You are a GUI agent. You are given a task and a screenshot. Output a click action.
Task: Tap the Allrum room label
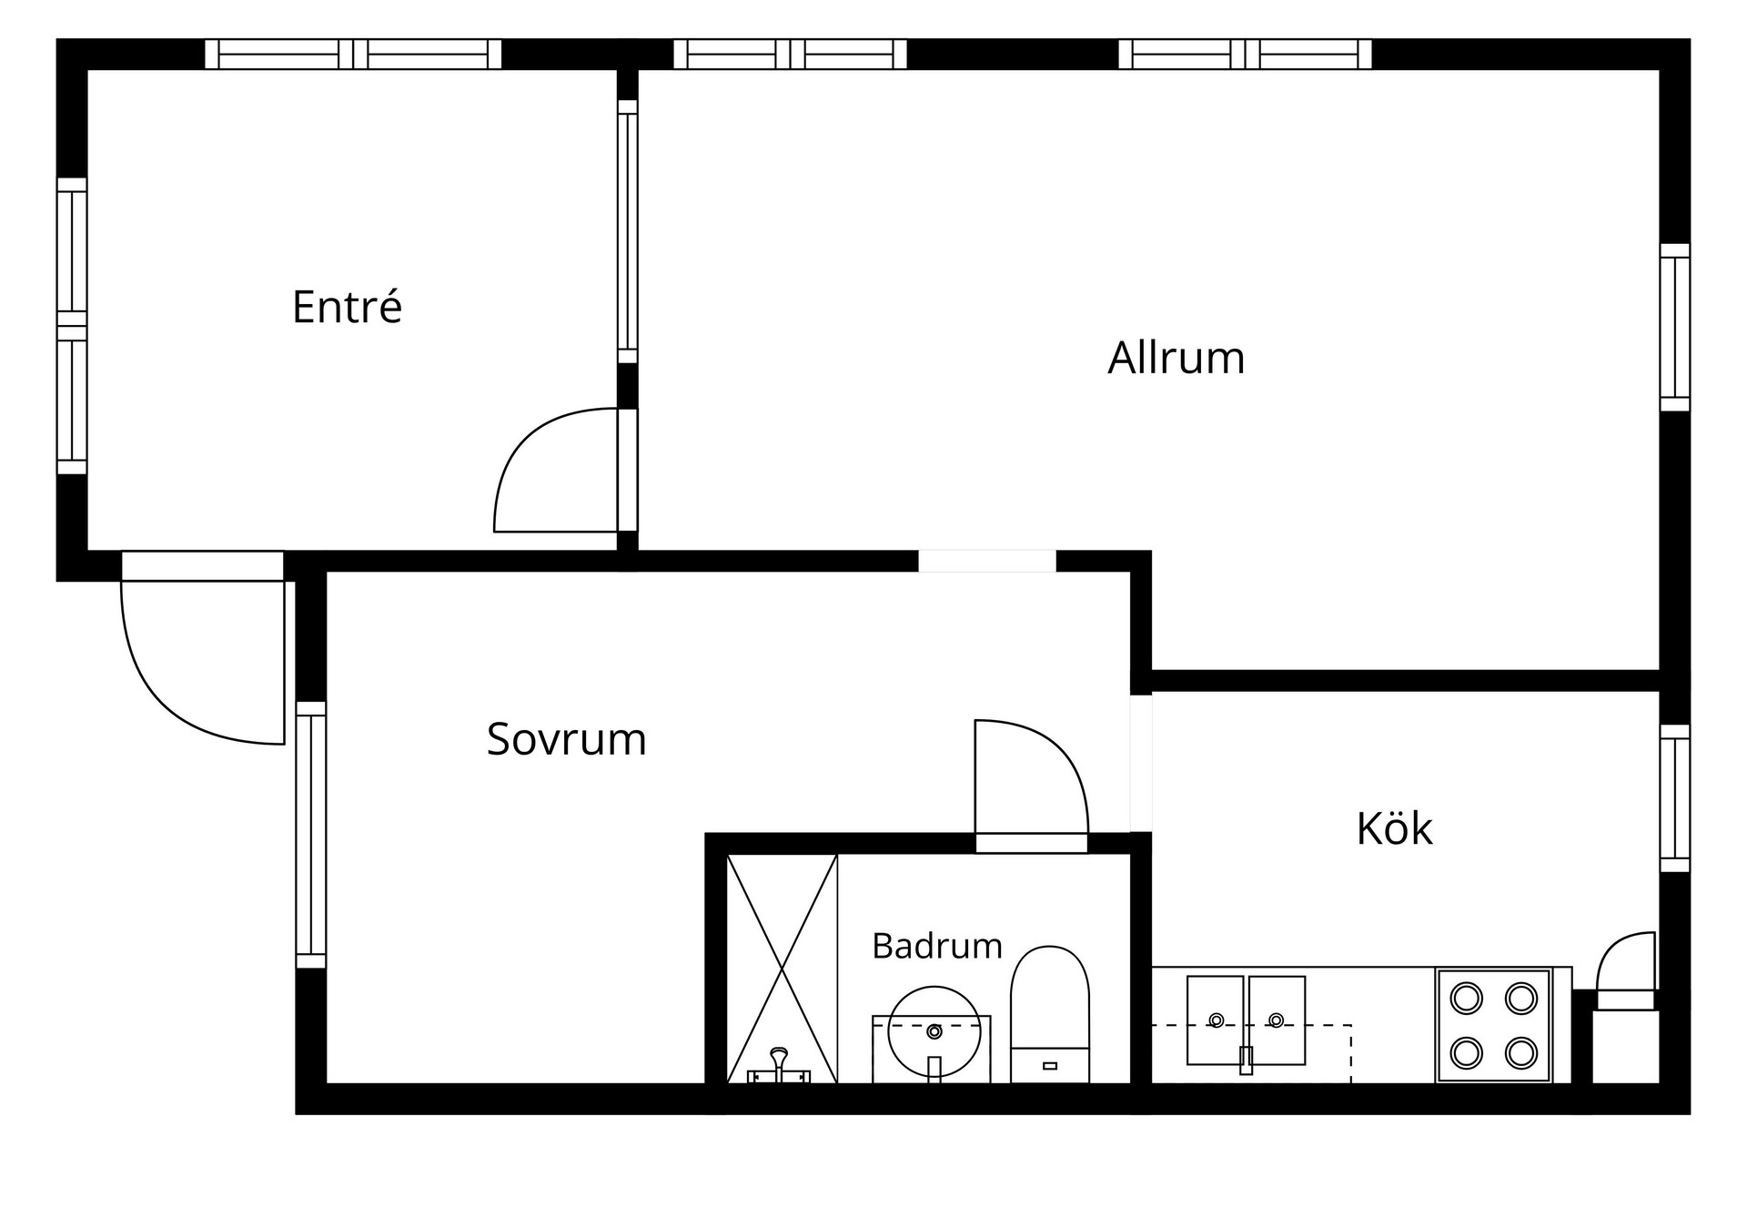(x=1176, y=357)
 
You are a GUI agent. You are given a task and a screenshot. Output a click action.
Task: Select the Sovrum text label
(x=566, y=738)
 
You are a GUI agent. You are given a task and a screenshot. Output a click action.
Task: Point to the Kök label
(x=1394, y=827)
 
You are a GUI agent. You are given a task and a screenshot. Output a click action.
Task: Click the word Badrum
(x=936, y=946)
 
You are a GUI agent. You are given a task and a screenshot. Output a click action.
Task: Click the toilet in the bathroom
(x=1050, y=1014)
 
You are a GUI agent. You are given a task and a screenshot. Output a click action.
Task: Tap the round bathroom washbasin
(x=934, y=1032)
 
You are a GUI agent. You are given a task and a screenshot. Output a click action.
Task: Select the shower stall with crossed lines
(x=782, y=969)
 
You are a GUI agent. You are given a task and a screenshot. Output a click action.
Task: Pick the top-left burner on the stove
(x=1466, y=999)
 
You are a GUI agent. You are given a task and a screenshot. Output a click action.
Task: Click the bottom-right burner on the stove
(x=1520, y=1053)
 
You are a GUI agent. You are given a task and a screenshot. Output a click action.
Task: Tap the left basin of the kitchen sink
(x=1215, y=1020)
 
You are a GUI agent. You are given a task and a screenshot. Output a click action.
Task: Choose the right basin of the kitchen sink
(x=1277, y=1020)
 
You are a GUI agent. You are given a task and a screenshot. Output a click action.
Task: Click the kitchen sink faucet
(x=1246, y=1060)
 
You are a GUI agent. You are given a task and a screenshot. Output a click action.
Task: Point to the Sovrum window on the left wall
(x=310, y=835)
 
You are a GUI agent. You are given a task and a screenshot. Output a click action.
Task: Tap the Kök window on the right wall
(x=1675, y=798)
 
